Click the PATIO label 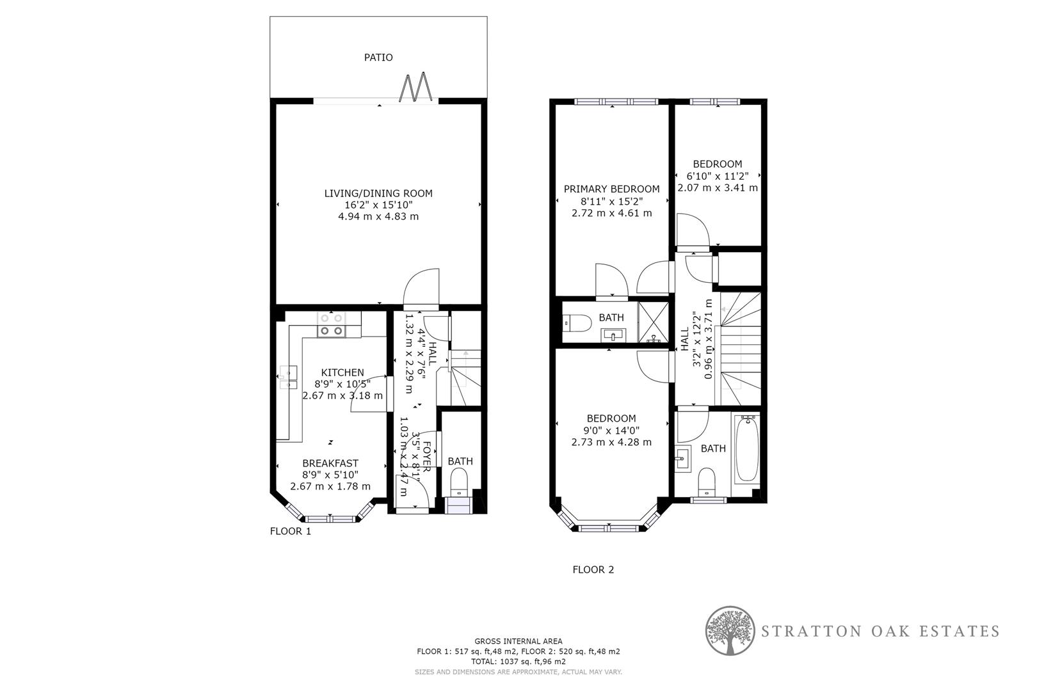click(x=378, y=58)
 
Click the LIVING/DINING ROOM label click(x=378, y=193)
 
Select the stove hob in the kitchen click(x=332, y=324)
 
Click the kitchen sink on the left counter click(x=287, y=377)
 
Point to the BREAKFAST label click(x=330, y=463)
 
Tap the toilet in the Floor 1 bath click(x=460, y=481)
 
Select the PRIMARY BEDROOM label click(x=611, y=189)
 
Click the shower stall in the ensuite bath click(x=654, y=322)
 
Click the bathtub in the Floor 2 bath click(x=746, y=449)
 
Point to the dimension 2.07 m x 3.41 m click(x=718, y=188)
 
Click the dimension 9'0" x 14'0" click(x=611, y=431)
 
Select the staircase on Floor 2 click(x=741, y=349)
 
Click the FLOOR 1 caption click(x=291, y=531)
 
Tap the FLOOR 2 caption click(x=593, y=569)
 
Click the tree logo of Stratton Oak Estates click(x=729, y=631)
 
